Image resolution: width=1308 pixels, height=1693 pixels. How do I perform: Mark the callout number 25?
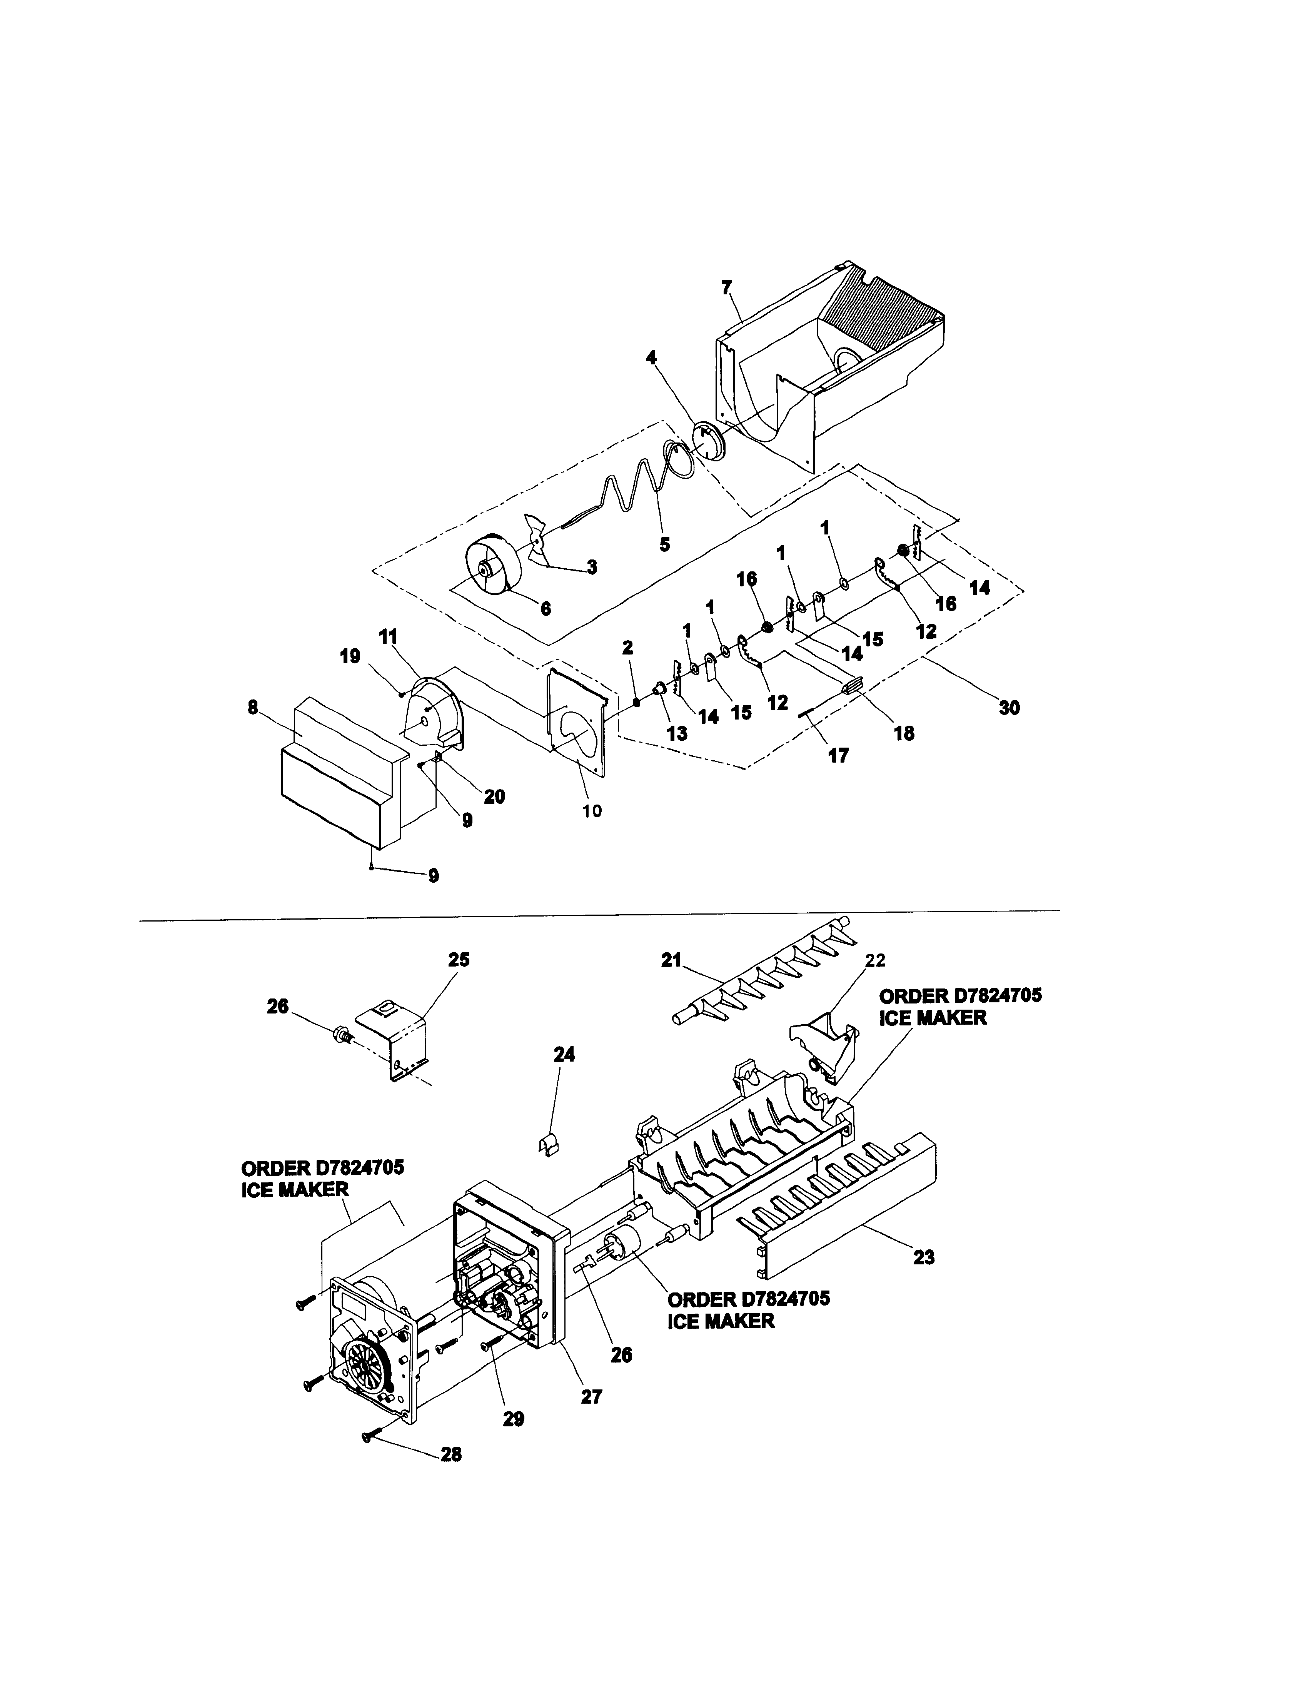pos(459,960)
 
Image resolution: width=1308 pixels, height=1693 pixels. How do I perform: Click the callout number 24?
pos(564,1054)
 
